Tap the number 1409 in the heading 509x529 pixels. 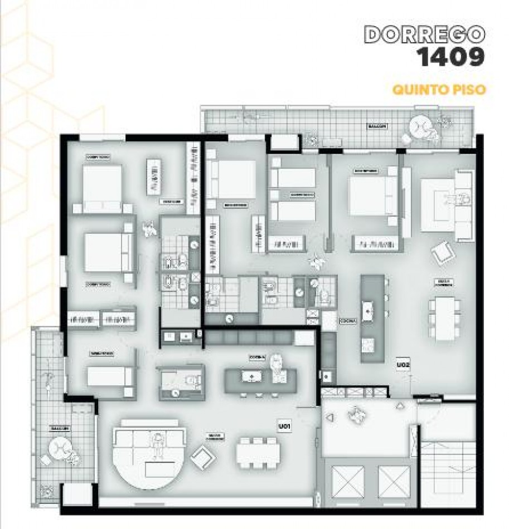(x=448, y=57)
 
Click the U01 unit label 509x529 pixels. (x=285, y=427)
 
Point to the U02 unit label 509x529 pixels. (x=404, y=365)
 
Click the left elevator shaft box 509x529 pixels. (x=347, y=481)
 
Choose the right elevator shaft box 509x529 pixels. (x=394, y=481)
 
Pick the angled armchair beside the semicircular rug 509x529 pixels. (x=202, y=458)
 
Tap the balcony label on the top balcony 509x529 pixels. (x=377, y=126)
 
